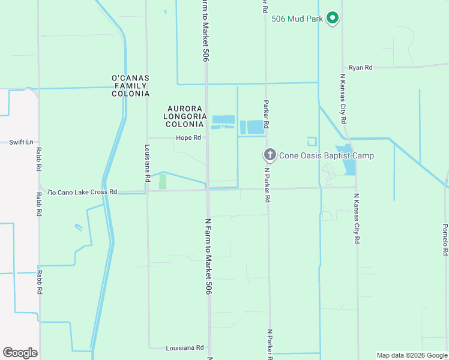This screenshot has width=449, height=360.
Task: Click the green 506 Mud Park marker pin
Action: (x=333, y=19)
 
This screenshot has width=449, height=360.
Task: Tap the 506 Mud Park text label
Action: (x=297, y=19)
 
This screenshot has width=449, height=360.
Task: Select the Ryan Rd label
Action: (x=360, y=67)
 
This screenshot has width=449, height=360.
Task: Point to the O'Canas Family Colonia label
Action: (x=130, y=86)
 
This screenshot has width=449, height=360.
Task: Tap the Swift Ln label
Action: (x=21, y=142)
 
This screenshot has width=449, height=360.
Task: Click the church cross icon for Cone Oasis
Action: (x=270, y=155)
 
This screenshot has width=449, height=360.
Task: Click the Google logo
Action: (x=20, y=353)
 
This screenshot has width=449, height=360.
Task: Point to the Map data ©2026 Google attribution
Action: (x=411, y=355)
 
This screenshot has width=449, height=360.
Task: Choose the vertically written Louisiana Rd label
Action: (x=147, y=163)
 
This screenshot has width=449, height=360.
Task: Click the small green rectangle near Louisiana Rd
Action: (x=163, y=182)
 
